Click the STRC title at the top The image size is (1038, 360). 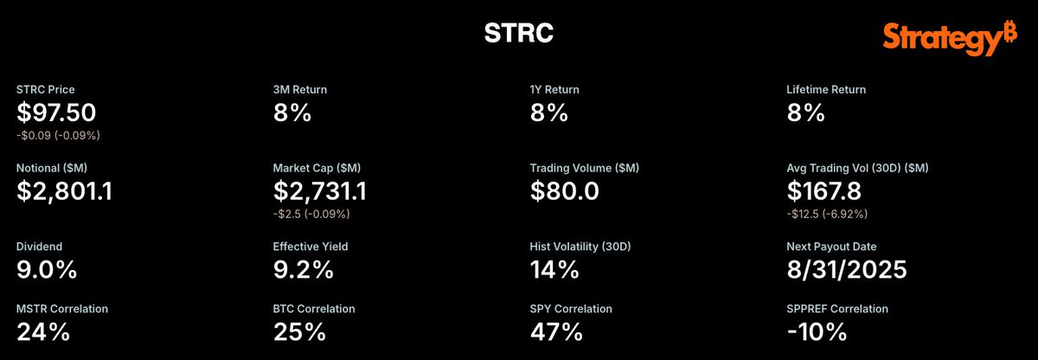[518, 33]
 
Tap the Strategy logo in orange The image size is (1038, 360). [950, 38]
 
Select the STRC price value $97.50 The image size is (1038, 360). [56, 112]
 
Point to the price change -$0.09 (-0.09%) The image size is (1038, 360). [58, 135]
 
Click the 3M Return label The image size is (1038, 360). [300, 89]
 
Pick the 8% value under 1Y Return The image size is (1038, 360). [548, 112]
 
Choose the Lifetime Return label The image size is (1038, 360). [826, 89]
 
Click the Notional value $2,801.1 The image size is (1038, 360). [64, 191]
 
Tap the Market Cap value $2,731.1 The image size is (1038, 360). [320, 191]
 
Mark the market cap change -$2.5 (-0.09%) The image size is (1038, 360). [311, 214]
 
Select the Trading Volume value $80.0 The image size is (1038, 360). [564, 191]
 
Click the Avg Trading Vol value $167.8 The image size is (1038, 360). [823, 191]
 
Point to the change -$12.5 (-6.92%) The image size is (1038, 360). [827, 214]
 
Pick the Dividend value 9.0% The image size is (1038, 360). [47, 270]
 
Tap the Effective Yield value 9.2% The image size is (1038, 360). [303, 270]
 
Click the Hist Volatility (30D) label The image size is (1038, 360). [580, 247]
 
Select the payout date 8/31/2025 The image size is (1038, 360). [847, 270]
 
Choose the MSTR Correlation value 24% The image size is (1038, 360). [43, 331]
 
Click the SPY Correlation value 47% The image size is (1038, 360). [556, 331]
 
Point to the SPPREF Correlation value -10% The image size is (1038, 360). [817, 331]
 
